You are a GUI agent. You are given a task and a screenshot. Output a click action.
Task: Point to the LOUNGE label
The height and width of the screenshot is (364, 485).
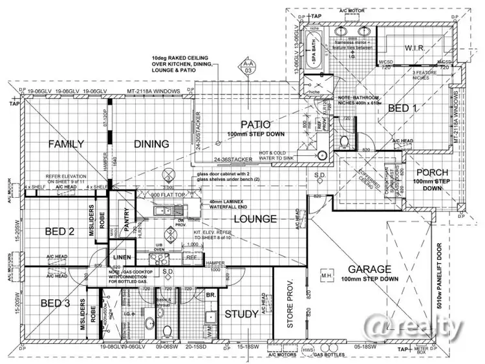coord(256,220)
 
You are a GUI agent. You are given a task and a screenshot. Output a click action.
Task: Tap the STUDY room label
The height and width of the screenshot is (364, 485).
coord(241,315)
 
